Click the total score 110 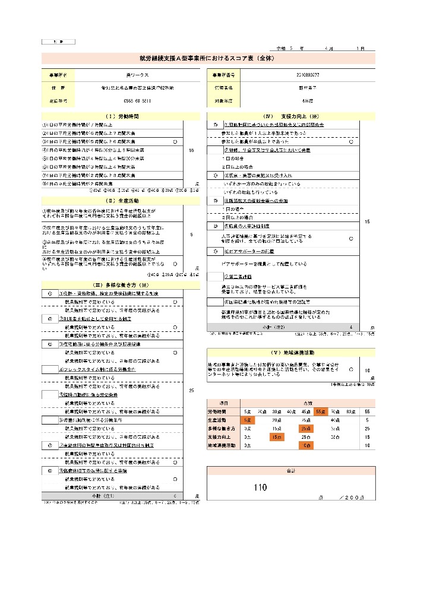tap(260, 487)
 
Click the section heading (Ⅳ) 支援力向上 tap(290, 116)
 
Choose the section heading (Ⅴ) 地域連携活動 tap(290, 351)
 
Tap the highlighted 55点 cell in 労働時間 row tap(320, 411)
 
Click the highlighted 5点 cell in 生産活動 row tap(247, 420)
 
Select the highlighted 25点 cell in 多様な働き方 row tap(306, 428)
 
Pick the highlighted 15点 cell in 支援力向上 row tap(276, 436)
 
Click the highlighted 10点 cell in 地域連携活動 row tap(306, 445)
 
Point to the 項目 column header tap(216, 403)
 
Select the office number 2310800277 tap(307, 76)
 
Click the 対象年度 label tap(223, 101)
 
